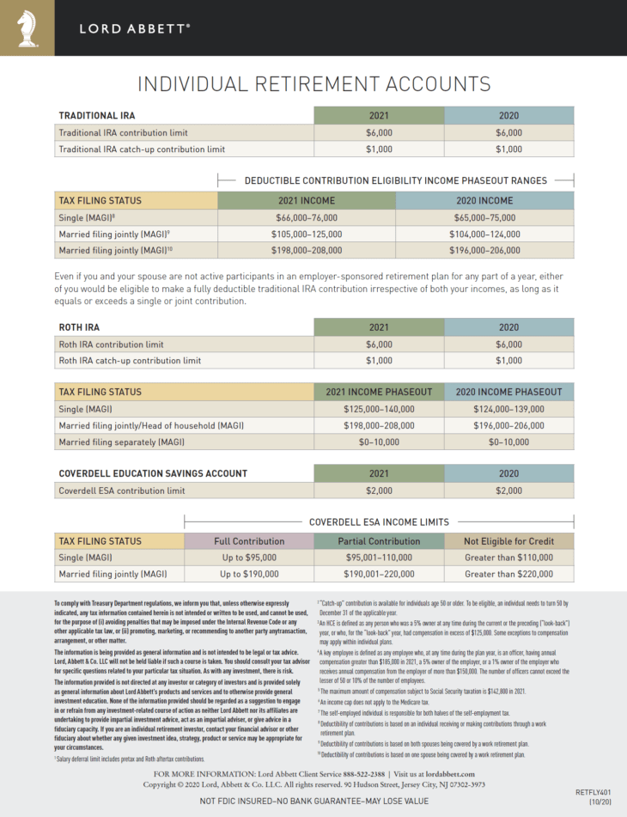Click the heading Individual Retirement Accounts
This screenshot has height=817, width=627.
313,83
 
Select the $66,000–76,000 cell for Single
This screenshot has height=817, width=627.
306,217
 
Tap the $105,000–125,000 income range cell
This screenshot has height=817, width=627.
306,234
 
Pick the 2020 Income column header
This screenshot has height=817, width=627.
484,201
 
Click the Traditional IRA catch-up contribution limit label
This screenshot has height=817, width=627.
142,149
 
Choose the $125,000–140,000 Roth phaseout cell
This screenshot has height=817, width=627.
379,409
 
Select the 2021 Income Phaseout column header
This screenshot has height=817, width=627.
379,392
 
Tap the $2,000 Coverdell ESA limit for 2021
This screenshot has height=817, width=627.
379,491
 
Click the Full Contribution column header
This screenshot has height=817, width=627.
249,541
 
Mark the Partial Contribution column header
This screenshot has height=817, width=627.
379,541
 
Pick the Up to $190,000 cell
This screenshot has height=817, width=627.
249,574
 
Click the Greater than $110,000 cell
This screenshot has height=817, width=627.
508,558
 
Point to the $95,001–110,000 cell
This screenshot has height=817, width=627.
379,558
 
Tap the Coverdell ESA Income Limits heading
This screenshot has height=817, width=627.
379,521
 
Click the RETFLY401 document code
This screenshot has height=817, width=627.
593,790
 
